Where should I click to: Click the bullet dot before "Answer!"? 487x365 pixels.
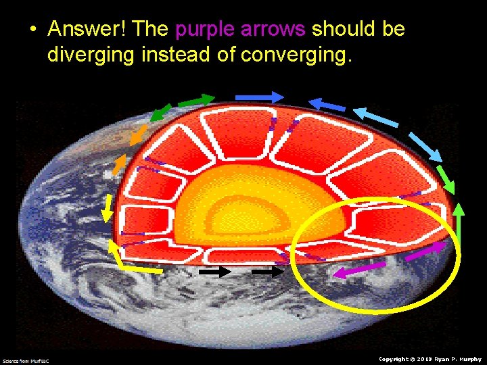(32, 30)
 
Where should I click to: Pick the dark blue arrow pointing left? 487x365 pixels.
(327, 104)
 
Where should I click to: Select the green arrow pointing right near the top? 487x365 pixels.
(195, 101)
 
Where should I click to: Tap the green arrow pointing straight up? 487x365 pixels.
(459, 223)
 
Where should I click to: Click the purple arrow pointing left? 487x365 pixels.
(358, 271)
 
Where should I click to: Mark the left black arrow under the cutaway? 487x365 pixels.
(216, 271)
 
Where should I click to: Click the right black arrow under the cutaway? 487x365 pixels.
(267, 271)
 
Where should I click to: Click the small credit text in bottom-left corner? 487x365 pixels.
(26, 361)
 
